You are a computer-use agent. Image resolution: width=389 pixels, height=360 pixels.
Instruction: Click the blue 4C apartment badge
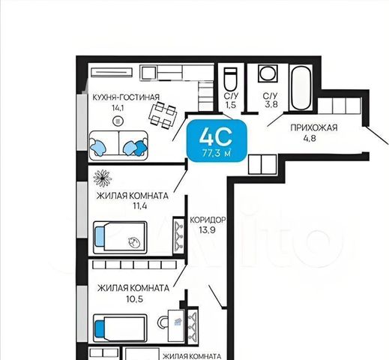pyautogui.click(x=217, y=141)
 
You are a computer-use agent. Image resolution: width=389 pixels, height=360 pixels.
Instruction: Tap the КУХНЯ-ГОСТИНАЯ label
pyautogui.click(x=126, y=97)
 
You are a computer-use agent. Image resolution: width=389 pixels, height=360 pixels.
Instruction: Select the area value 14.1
pyautogui.click(x=118, y=108)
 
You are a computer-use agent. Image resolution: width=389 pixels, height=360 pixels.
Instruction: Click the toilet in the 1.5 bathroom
pyautogui.click(x=230, y=79)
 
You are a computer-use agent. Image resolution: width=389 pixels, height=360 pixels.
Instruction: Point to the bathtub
pyautogui.click(x=301, y=88)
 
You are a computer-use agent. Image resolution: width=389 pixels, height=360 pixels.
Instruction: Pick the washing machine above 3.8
pyautogui.click(x=268, y=73)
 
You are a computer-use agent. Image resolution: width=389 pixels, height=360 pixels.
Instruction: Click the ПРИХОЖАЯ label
pyautogui.click(x=314, y=127)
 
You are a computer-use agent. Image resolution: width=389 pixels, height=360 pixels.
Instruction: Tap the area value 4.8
pyautogui.click(x=310, y=138)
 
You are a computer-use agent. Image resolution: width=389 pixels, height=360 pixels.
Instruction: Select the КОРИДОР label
pyautogui.click(x=208, y=220)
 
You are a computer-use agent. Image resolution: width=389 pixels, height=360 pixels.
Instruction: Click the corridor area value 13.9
pyautogui.click(x=207, y=230)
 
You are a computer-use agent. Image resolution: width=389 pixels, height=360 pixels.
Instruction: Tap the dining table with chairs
pyautogui.click(x=163, y=115)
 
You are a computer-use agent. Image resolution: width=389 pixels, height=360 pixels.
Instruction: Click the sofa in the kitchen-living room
pyautogui.click(x=118, y=145)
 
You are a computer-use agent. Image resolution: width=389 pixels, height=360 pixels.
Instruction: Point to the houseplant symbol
pyautogui.click(x=103, y=178)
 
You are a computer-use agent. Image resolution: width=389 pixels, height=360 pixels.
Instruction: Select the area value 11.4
pyautogui.click(x=140, y=206)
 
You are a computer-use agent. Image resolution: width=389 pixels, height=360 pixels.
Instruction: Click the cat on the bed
pyautogui.click(x=133, y=242)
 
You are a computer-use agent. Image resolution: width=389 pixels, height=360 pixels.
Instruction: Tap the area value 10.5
pyautogui.click(x=135, y=299)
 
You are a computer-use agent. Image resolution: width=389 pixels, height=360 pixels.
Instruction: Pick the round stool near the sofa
pyautogui.click(x=118, y=121)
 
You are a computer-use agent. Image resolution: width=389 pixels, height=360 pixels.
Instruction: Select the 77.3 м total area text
pyautogui.click(x=217, y=153)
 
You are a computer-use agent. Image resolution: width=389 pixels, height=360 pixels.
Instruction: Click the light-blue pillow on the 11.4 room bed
pyautogui.click(x=99, y=237)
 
